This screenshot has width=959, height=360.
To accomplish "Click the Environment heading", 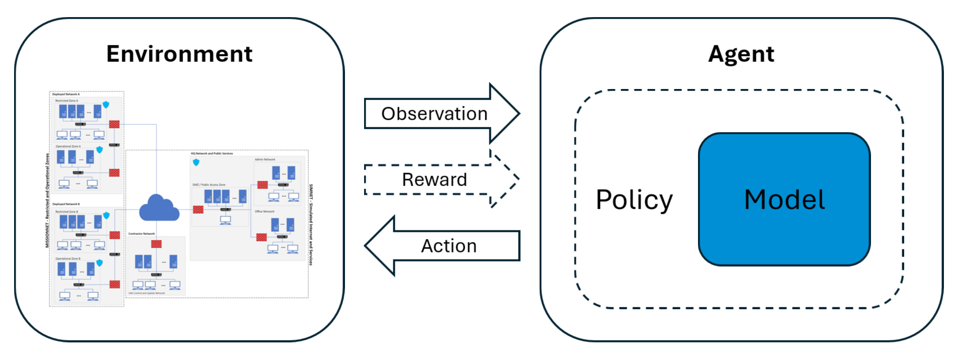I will [179, 54].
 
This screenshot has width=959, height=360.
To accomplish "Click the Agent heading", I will [741, 54].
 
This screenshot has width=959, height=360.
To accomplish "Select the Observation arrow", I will [434, 114].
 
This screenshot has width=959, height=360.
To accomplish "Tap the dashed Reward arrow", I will [434, 179].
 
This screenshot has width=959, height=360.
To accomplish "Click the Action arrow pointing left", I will [449, 246].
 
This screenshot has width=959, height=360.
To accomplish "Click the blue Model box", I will [784, 200].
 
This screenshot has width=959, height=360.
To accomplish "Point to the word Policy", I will [634, 200].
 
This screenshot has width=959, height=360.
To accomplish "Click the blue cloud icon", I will [159, 208].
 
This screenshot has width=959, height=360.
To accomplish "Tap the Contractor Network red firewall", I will [156, 244].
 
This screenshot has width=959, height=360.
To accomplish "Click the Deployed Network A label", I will [66, 94].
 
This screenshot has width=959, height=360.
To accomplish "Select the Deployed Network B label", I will [66, 204].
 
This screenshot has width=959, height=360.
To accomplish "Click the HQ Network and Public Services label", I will [212, 153].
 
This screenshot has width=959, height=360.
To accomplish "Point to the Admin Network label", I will [265, 159].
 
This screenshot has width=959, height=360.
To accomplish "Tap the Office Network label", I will [265, 212].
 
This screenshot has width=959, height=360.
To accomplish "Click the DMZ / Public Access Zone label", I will [209, 185].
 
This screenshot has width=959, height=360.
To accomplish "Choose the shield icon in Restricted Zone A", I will [106, 105].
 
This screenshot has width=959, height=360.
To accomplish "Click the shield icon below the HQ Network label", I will [196, 162].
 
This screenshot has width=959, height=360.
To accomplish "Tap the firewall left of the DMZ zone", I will [198, 210].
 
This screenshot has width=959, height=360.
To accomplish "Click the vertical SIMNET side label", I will [311, 224].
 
